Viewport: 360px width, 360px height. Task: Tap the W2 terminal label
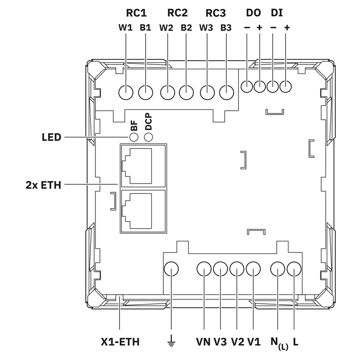(x=166, y=28)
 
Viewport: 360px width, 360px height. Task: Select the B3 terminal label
(x=226, y=28)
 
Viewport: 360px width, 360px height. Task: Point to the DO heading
(x=253, y=13)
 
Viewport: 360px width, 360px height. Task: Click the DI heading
(x=277, y=13)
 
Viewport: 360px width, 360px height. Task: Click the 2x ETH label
(x=44, y=184)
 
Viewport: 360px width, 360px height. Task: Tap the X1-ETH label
(x=120, y=342)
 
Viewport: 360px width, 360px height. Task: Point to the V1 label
(x=254, y=342)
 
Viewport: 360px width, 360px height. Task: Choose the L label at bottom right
(x=295, y=342)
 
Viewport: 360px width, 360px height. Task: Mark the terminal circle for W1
(x=126, y=93)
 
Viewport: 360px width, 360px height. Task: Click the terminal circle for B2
(x=186, y=93)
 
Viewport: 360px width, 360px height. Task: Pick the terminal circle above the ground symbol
(x=171, y=270)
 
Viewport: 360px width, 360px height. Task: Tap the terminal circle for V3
(x=220, y=270)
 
